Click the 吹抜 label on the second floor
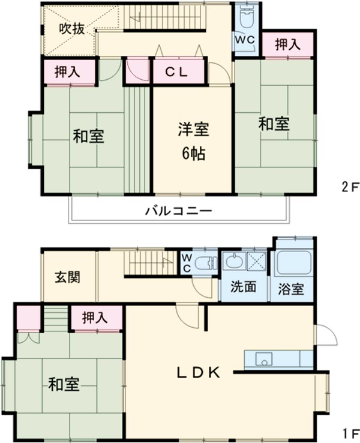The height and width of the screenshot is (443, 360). [71, 28]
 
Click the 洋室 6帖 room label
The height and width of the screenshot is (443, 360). [193, 141]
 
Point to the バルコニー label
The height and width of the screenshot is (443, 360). [178, 211]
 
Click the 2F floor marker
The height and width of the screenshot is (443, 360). [350, 187]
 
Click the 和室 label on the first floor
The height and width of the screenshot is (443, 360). [64, 384]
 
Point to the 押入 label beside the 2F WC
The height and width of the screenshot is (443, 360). [289, 44]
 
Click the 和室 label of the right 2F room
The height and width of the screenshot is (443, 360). [274, 124]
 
